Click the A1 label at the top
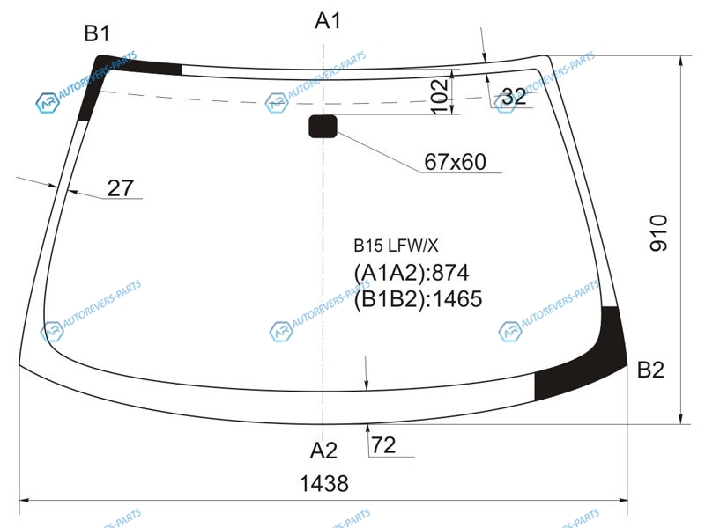click(x=327, y=21)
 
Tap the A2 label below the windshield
click(x=323, y=451)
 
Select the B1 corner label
click(x=97, y=33)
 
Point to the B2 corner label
click(x=650, y=370)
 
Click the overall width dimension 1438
click(x=323, y=483)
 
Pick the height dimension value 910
click(x=659, y=233)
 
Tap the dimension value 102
click(x=439, y=97)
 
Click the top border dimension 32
click(x=514, y=96)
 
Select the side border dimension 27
click(x=120, y=188)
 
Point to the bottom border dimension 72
click(x=383, y=445)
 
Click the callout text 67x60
click(x=455, y=162)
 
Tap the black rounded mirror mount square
click(x=323, y=126)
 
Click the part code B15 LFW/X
click(x=396, y=246)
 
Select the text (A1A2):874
click(x=412, y=273)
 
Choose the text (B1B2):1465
click(x=418, y=298)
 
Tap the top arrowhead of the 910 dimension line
click(x=681, y=61)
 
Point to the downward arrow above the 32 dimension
click(x=483, y=44)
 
